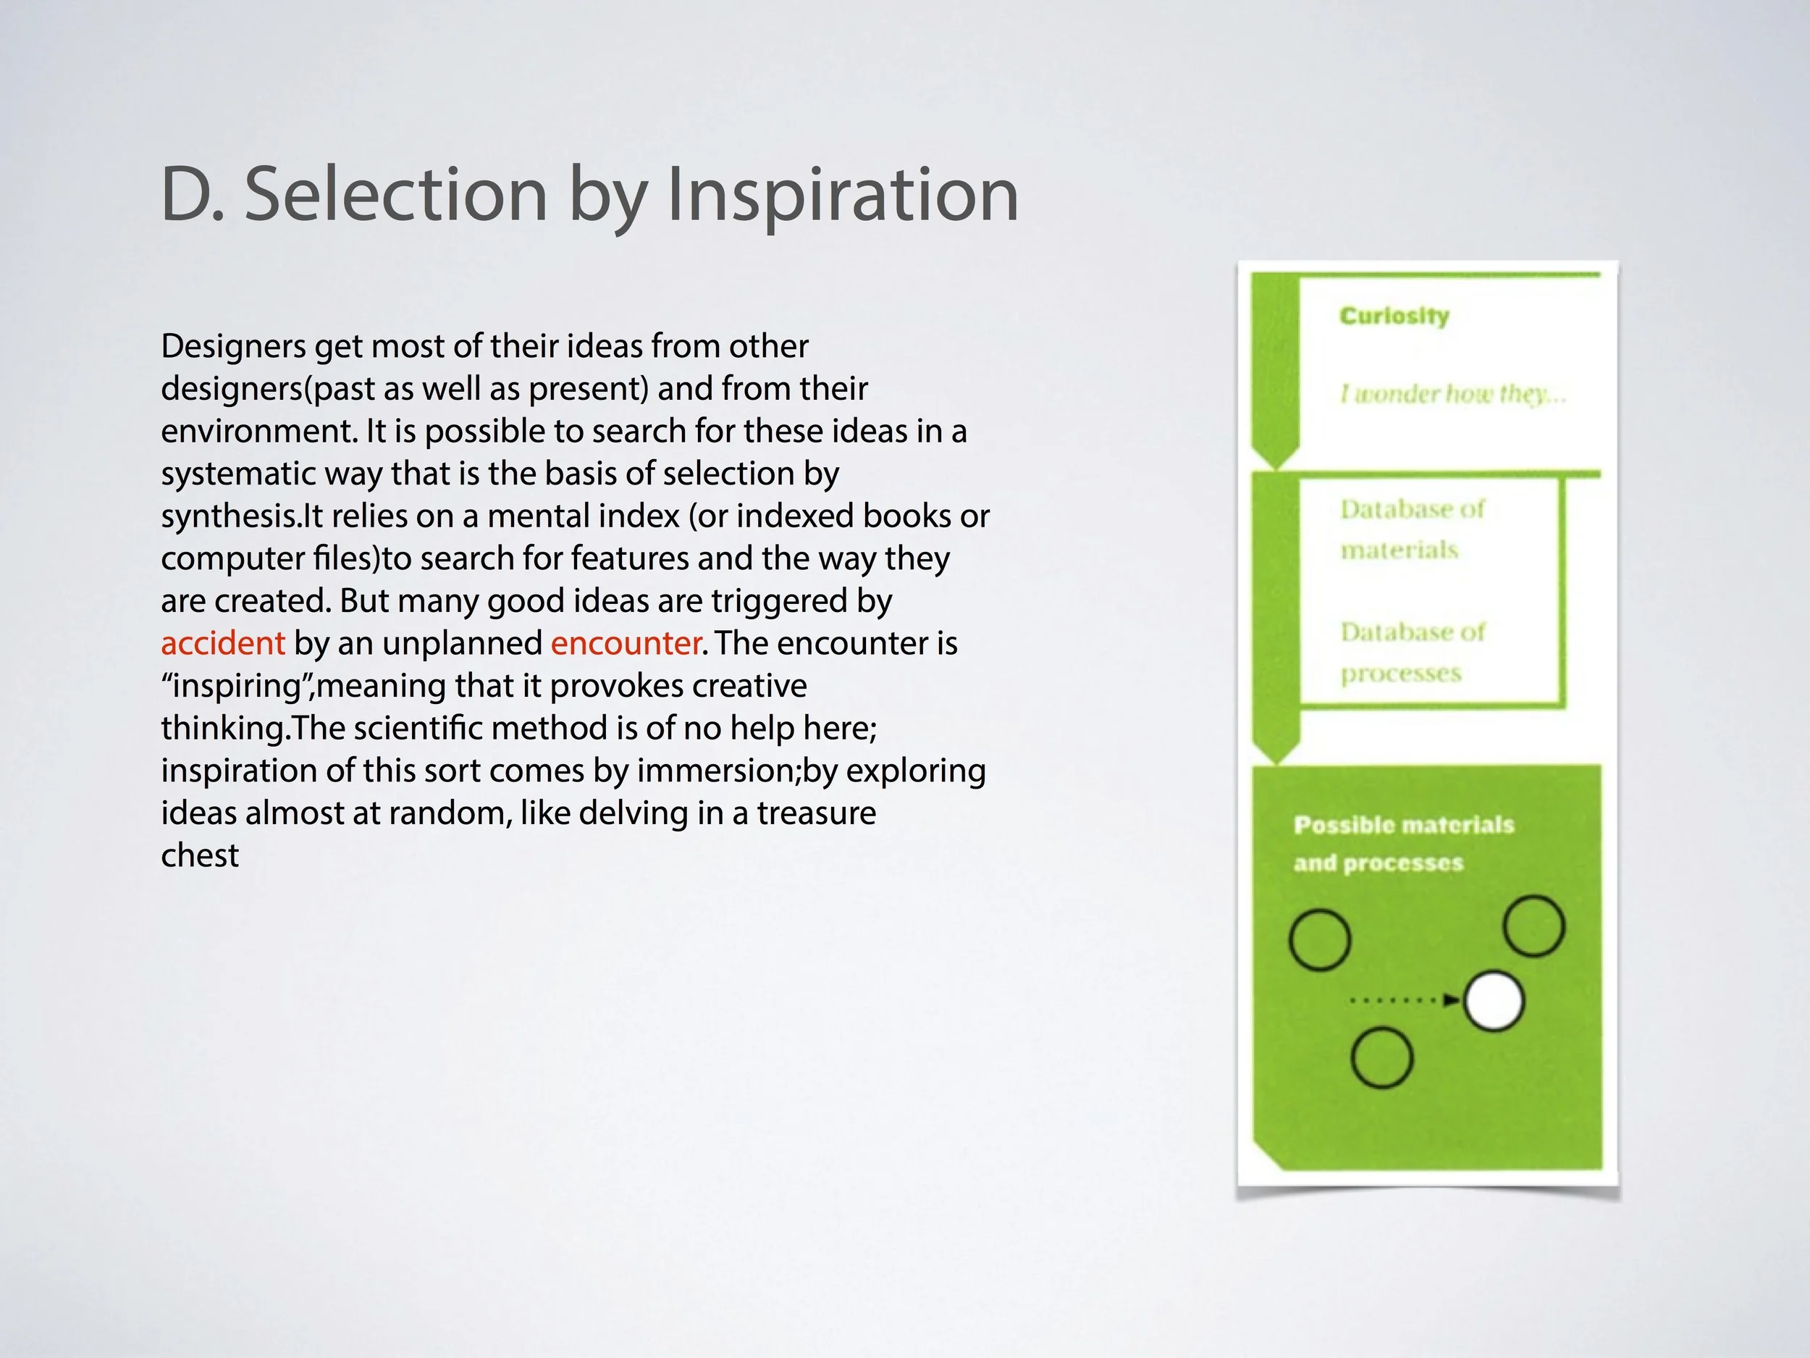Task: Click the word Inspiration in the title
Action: click(842, 195)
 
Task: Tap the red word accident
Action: click(222, 643)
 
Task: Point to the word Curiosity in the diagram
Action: click(1394, 316)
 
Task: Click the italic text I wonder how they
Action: click(1452, 395)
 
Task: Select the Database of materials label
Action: click(1412, 529)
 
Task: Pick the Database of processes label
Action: click(1412, 653)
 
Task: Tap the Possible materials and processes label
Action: click(1403, 843)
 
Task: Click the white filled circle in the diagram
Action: click(1494, 1000)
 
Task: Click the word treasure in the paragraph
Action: click(816, 813)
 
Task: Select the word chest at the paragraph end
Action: click(200, 855)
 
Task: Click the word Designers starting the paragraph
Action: click(233, 346)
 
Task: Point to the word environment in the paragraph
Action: click(258, 432)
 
